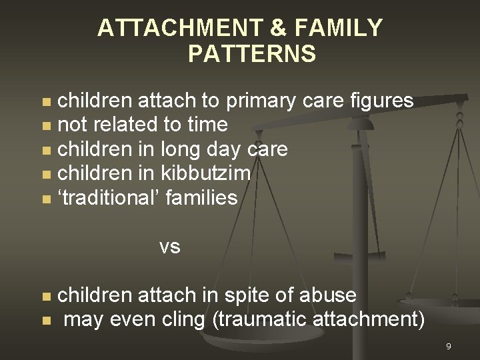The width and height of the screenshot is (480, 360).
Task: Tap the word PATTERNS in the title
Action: coord(253,53)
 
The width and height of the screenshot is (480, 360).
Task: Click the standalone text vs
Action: coord(170,247)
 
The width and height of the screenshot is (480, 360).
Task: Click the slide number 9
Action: coord(449,346)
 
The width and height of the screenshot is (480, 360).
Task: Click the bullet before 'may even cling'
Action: coord(45,321)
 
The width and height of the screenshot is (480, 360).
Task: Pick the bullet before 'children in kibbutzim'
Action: coord(45,174)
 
